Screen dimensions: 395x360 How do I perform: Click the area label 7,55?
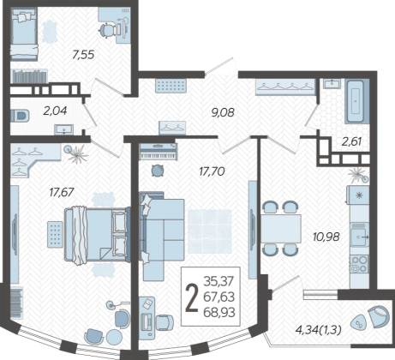point(83,55)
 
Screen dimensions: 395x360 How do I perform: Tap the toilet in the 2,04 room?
point(20,116)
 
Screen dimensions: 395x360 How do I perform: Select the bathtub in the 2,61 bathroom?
point(356,101)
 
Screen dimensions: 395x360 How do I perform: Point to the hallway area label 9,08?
point(223,112)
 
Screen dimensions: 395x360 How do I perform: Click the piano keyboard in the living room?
point(159,152)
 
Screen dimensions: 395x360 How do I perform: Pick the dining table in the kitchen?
point(281,229)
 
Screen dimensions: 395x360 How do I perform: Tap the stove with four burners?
point(359,264)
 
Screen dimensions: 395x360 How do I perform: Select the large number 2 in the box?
point(192,298)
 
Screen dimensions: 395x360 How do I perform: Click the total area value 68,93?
point(219,312)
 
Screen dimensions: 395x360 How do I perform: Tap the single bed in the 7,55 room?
point(24,33)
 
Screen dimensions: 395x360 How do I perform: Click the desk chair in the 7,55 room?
point(107,30)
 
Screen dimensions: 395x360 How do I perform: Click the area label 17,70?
point(212,171)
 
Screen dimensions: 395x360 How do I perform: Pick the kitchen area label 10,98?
point(326,237)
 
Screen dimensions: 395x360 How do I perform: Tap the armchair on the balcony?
point(378,316)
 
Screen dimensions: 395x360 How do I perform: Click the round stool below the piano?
point(157,171)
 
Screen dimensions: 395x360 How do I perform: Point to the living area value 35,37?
point(218,281)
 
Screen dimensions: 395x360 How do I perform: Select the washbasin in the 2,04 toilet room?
point(64,130)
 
